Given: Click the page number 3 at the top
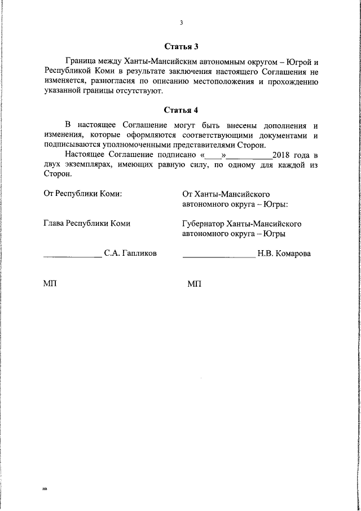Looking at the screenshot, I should (181, 23).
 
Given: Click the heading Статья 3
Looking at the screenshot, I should (181, 46).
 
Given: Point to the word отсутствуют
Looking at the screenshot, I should (140, 90).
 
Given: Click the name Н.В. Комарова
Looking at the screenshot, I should (284, 254).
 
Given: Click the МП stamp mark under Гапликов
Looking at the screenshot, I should (50, 283).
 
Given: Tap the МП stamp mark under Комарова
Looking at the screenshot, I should (193, 283).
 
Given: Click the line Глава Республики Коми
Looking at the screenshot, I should (87, 223).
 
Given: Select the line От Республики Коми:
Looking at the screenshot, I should (83, 194).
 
